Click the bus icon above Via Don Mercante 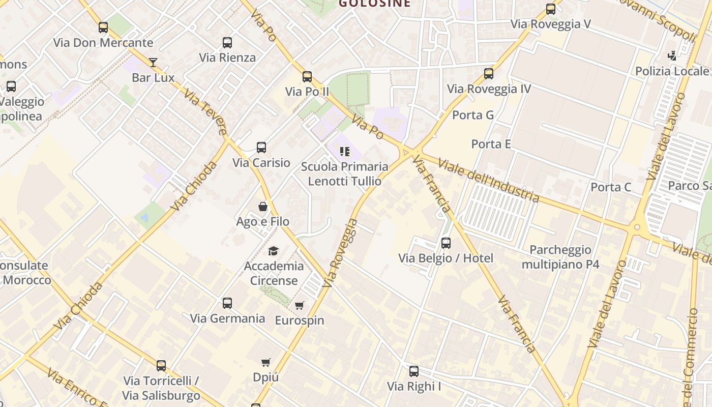103,27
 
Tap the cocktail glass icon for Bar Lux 153,63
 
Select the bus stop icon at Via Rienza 227,43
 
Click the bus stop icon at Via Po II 307,77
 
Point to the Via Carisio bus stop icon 261,148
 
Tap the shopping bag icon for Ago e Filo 263,207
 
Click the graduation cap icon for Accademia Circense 274,251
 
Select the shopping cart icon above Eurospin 300,305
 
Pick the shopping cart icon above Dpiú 266,362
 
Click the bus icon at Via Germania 227,303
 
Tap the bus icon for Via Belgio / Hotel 446,243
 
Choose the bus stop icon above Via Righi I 414,371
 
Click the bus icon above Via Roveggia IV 489,74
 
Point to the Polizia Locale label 672,71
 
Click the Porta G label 473,115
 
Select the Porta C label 611,187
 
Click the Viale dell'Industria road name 488,181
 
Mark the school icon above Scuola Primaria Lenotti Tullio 345,152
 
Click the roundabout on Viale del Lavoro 637,227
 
